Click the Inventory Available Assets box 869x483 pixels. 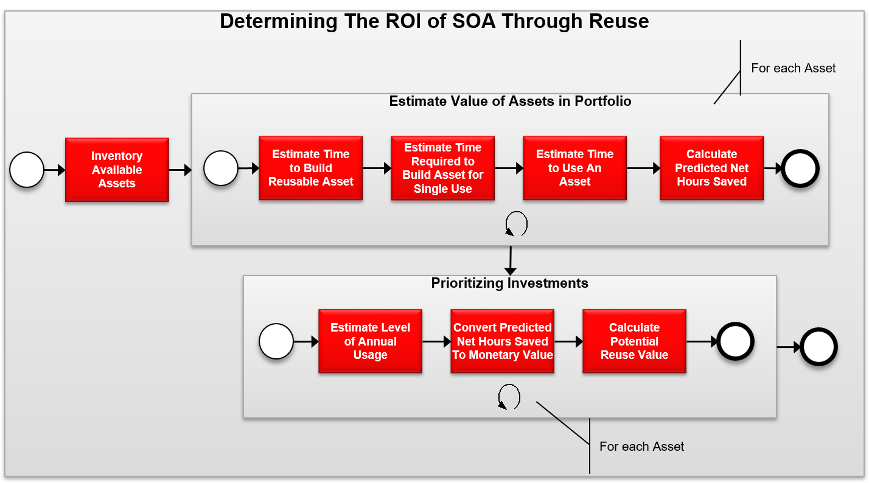(117, 170)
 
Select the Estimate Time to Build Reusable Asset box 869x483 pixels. (310, 168)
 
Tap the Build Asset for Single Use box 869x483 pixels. (442, 168)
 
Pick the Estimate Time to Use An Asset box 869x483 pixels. (574, 168)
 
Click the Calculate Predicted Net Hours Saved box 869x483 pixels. (711, 168)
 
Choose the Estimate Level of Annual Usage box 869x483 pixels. (370, 341)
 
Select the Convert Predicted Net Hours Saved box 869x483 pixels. (502, 341)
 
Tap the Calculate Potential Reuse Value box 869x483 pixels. (634, 341)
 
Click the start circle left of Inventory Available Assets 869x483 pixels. (27, 170)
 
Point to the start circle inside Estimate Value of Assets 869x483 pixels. (220, 169)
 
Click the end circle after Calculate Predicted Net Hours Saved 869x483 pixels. (801, 169)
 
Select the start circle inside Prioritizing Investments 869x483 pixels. (276, 341)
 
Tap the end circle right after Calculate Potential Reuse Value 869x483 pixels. (735, 341)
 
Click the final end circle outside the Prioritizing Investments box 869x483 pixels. (818, 347)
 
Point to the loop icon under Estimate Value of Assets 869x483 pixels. (516, 224)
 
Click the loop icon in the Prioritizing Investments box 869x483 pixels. (509, 397)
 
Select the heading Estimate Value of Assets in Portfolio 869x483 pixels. (510, 101)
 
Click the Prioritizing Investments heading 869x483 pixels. (509, 283)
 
